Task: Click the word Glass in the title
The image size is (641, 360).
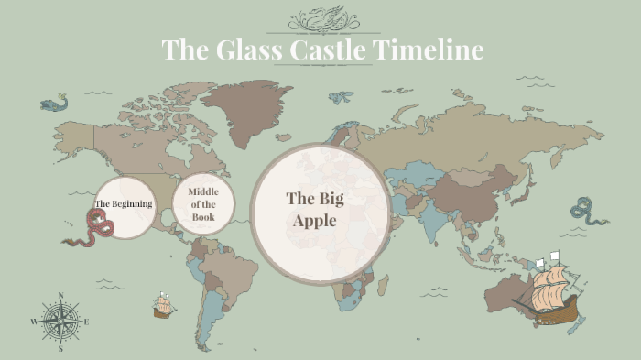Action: coord(245,49)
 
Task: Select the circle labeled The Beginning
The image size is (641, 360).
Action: coord(124,203)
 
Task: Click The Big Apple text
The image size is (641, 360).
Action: coord(314,209)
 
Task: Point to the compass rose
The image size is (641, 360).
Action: coord(60,322)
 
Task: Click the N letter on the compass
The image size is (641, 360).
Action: coord(60,296)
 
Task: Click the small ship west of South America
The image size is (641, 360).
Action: coord(164,304)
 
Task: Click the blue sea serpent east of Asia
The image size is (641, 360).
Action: coord(589,212)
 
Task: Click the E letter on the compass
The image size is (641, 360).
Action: coord(87,322)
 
